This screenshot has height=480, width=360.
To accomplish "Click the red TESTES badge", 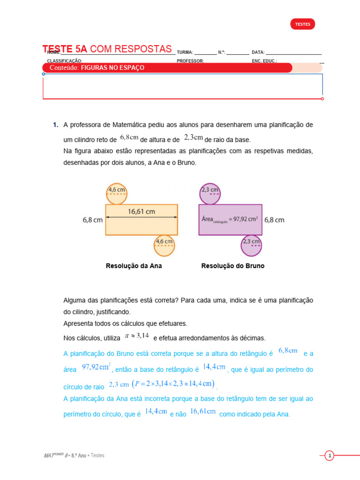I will click(302, 24).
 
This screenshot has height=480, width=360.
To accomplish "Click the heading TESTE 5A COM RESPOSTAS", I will click(107, 49).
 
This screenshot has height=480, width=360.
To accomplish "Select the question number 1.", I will click(55, 125).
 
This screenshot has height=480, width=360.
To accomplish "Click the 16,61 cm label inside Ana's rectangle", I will click(141, 211).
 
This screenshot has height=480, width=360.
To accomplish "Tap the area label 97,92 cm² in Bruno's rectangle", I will click(230, 219).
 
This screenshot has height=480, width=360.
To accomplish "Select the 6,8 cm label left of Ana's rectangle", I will click(93, 219).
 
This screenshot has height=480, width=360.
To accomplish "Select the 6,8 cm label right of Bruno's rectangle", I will click(274, 219).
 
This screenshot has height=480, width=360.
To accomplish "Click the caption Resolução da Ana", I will click(134, 266).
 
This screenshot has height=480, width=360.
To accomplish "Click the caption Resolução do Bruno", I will click(232, 266).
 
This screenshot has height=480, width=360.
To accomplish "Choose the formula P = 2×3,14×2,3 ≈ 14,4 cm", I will click(174, 384).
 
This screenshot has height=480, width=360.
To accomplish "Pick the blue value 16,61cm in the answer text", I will click(203, 412).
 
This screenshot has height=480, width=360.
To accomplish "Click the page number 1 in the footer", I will click(330, 456).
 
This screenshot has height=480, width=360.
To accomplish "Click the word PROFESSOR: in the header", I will click(190, 61).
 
